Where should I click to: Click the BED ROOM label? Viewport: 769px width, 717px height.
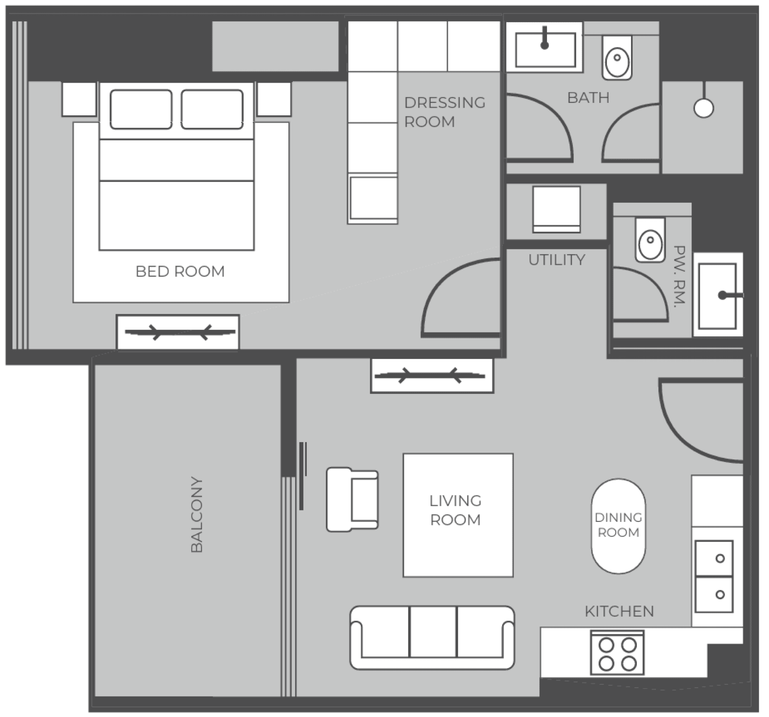pyautogui.click(x=180, y=272)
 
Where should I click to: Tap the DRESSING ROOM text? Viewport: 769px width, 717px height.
pyautogui.click(x=445, y=112)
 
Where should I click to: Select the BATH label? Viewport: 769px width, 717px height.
pyautogui.click(x=588, y=98)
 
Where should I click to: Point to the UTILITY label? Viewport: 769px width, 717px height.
pyautogui.click(x=557, y=260)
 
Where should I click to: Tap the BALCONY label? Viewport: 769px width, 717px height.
pyautogui.click(x=197, y=514)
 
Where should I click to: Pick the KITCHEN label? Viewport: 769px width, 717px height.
pyautogui.click(x=619, y=611)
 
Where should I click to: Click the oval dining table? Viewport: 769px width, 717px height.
pyautogui.click(x=619, y=526)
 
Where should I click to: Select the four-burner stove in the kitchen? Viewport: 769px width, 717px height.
pyautogui.click(x=617, y=653)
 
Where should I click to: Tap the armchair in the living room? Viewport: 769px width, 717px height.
pyautogui.click(x=352, y=499)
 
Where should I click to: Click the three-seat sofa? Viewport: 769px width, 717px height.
pyautogui.click(x=432, y=638)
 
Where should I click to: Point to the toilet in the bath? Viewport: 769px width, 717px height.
pyautogui.click(x=617, y=58)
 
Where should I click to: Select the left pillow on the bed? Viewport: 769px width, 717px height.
pyautogui.click(x=141, y=110)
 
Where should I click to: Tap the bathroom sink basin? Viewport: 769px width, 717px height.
pyautogui.click(x=546, y=50)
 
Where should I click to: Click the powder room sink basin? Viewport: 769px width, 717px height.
pyautogui.click(x=717, y=296)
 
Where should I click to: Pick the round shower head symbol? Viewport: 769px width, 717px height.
pyautogui.click(x=704, y=108)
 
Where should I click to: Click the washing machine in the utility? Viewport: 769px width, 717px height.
pyautogui.click(x=557, y=210)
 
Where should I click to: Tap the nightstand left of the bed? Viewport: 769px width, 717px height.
pyautogui.click(x=79, y=99)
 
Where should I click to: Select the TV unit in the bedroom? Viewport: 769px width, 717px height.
pyautogui.click(x=178, y=332)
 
